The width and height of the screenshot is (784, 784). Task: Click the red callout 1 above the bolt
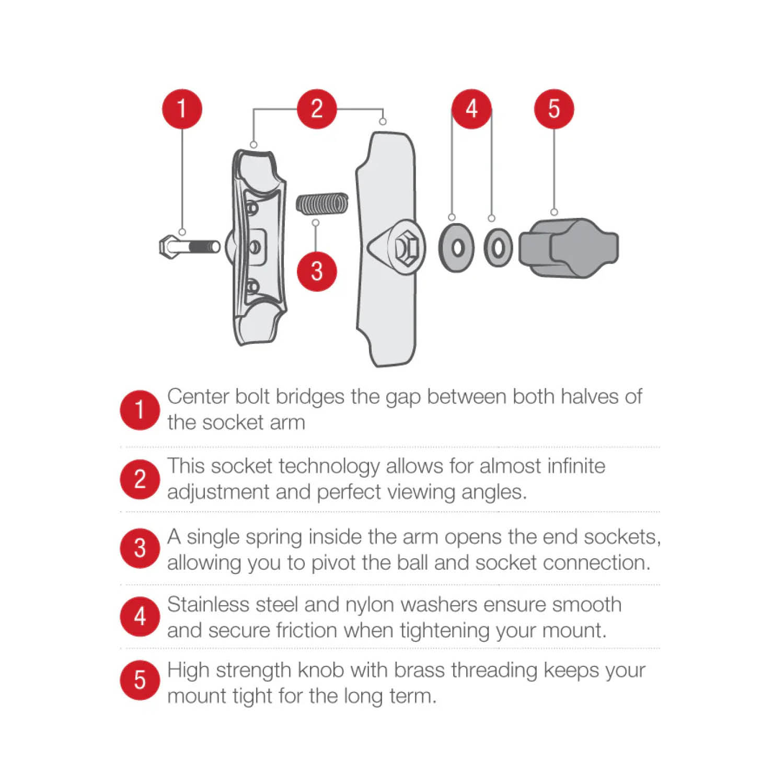coord(182,109)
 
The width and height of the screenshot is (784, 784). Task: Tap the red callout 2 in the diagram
coord(317,109)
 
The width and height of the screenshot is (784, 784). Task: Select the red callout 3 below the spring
coord(317,271)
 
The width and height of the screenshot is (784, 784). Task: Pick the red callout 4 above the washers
coord(471,109)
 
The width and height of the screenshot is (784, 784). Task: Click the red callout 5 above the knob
coord(554,109)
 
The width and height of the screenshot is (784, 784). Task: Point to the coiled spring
coord(322,204)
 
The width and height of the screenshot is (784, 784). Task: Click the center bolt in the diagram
coord(189,246)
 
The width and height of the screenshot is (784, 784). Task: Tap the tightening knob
coord(569,248)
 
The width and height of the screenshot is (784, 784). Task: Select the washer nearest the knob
coord(498,247)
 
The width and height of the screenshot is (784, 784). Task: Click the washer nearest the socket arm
coord(456,247)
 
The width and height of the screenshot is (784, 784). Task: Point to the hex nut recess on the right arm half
coord(403,248)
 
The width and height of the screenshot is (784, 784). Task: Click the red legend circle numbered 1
coord(140,410)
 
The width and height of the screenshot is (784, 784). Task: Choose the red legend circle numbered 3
coord(140,548)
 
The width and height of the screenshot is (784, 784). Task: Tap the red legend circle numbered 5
coord(140,680)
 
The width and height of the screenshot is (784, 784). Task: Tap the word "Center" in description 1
coord(199,397)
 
